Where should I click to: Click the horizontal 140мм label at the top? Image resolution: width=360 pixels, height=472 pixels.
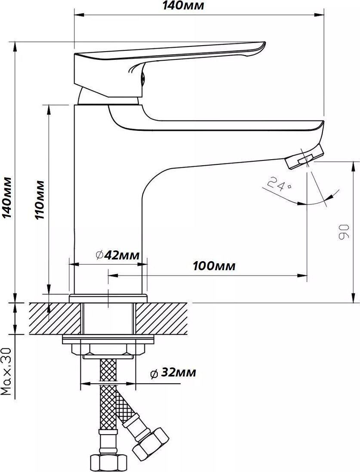pos(183,6)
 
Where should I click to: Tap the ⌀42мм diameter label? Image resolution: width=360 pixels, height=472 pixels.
pos(117,255)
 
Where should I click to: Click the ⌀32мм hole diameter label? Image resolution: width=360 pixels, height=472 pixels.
pos(173,373)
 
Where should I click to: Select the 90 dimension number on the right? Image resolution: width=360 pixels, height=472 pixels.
pos(344,231)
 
